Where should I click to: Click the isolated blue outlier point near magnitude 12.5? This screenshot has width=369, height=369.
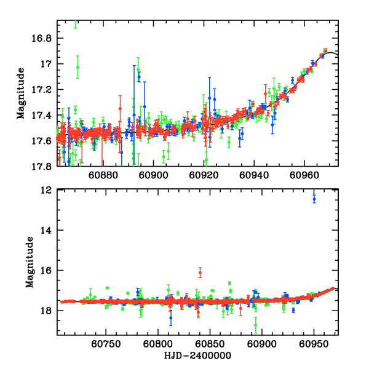point(314,198)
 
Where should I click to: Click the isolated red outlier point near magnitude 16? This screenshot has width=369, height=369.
point(200,272)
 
